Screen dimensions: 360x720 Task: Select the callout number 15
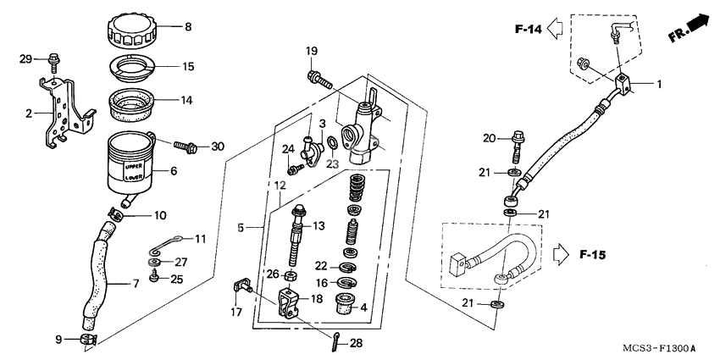(188, 66)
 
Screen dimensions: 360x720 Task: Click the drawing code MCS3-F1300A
(660, 348)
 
